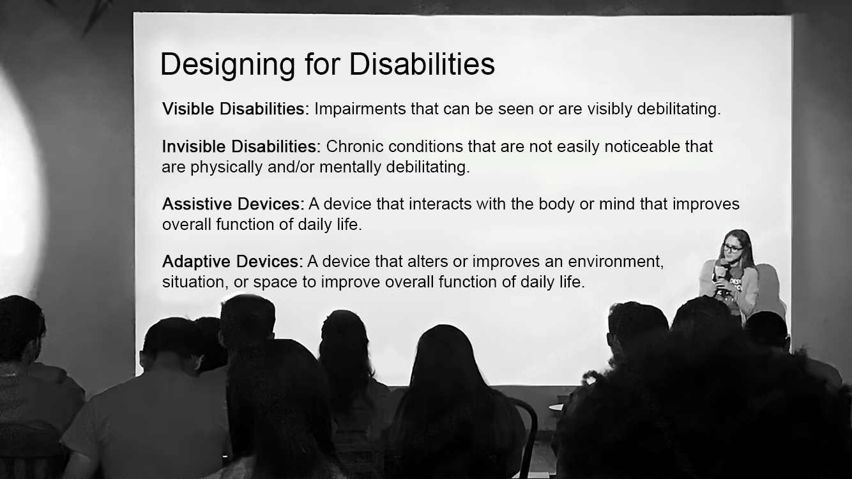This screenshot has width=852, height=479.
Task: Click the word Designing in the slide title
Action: pyautogui.click(x=227, y=65)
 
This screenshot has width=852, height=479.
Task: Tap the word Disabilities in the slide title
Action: pyautogui.click(x=422, y=63)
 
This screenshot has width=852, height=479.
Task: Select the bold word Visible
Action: pyautogui.click(x=188, y=109)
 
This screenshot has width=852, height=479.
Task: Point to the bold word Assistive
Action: pyautogui.click(x=197, y=204)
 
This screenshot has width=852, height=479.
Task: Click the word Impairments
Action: pyautogui.click(x=360, y=109)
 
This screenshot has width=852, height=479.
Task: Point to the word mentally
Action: pyautogui.click(x=350, y=168)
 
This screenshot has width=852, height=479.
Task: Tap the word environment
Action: pyautogui.click(x=616, y=262)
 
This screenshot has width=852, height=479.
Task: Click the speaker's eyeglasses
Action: pyautogui.click(x=733, y=248)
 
